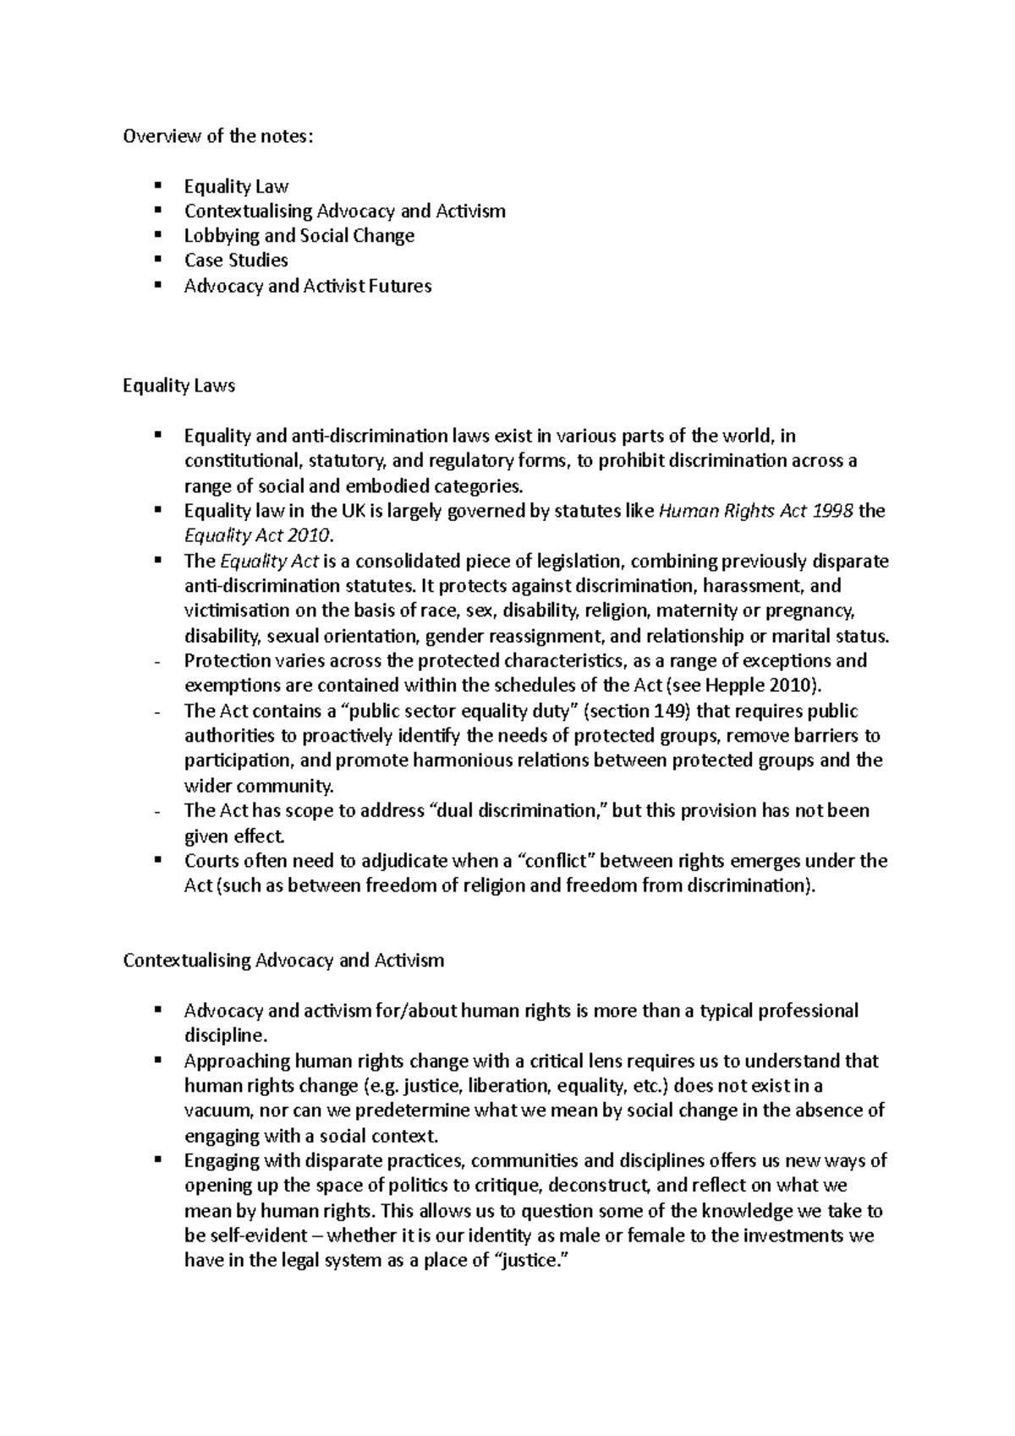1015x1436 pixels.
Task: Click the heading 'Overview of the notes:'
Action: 217,136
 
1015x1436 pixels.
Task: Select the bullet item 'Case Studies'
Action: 236,260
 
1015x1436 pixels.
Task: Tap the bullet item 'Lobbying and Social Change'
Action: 299,236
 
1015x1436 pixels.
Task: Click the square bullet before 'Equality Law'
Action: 157,185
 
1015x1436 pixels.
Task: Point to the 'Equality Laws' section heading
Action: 178,386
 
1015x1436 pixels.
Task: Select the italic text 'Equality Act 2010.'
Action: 260,536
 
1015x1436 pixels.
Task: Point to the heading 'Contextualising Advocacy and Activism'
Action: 283,961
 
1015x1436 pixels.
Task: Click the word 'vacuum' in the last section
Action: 217,1110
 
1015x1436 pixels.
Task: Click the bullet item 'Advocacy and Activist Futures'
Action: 308,286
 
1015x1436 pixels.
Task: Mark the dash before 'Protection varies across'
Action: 158,661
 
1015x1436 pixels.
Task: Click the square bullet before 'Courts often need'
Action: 157,860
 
